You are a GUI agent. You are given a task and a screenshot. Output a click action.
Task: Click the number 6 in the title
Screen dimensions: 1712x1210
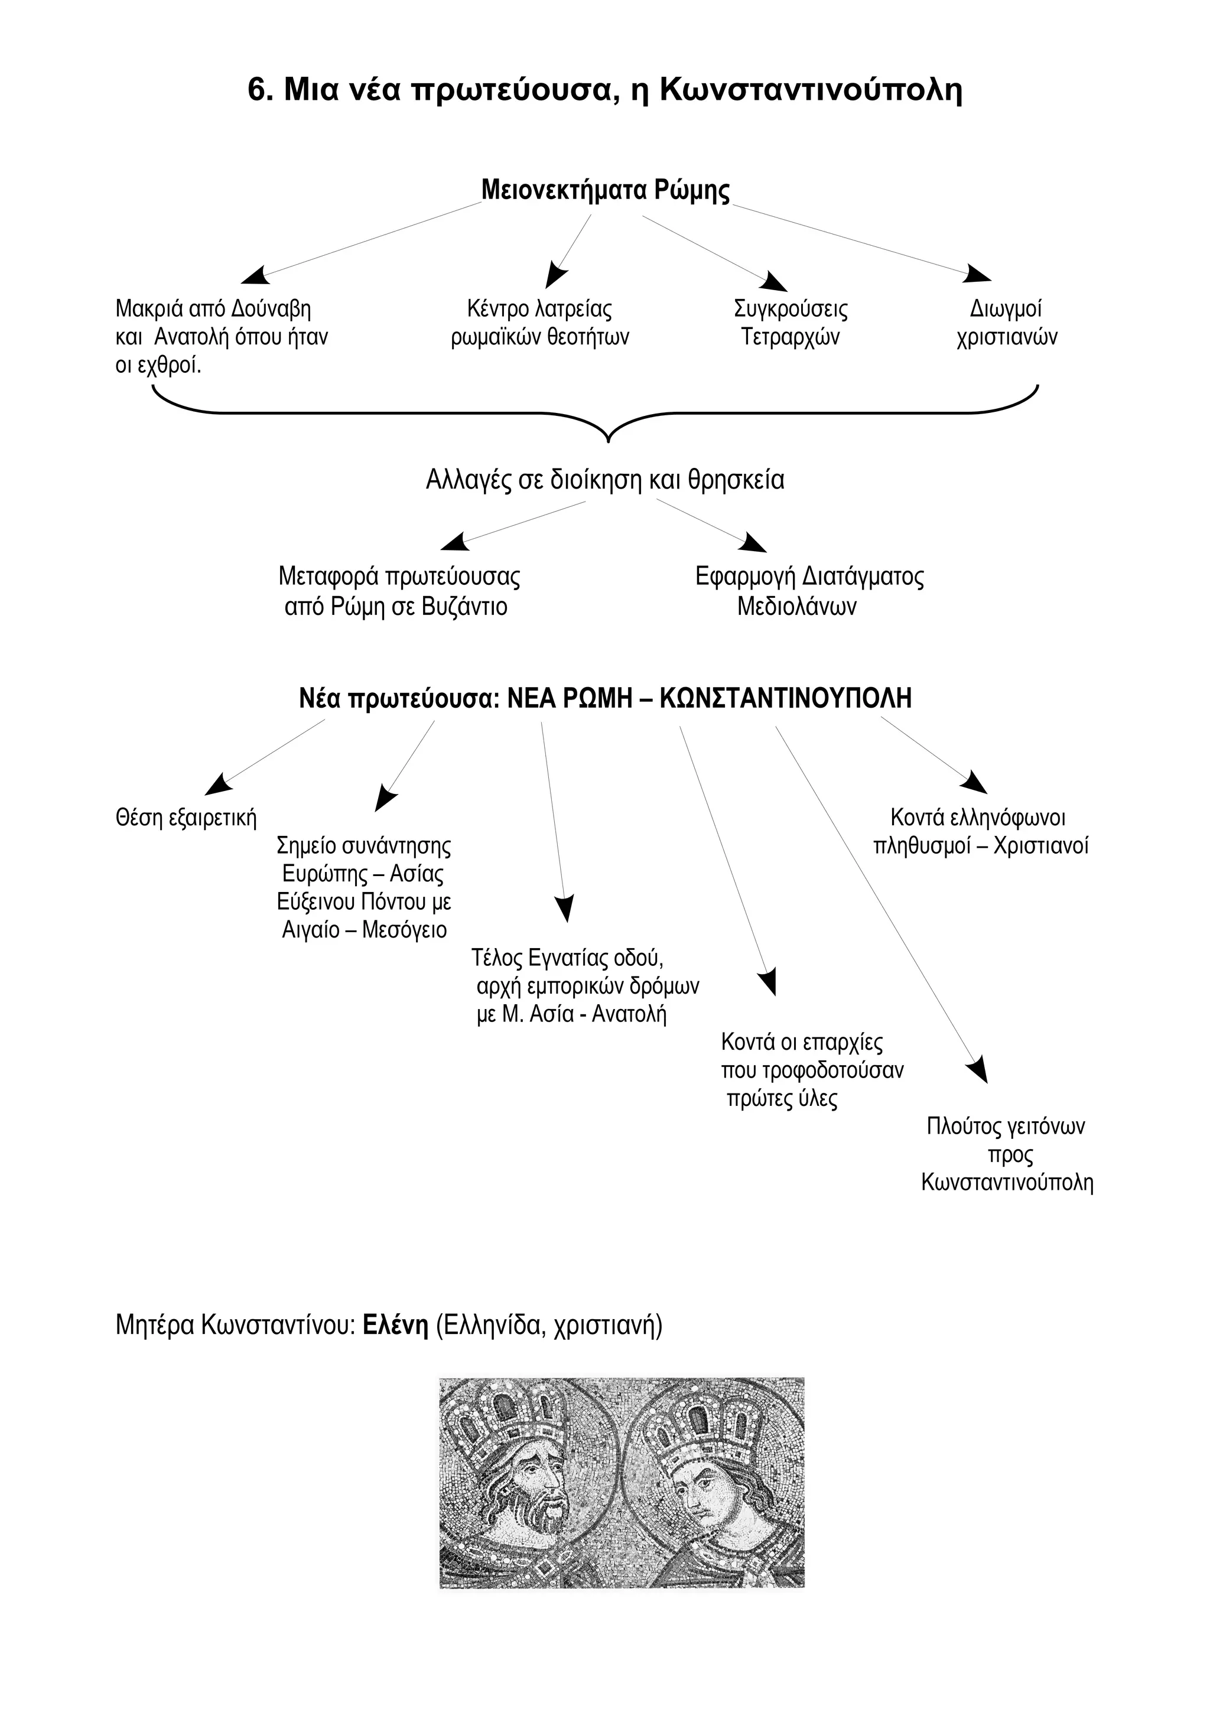pos(256,90)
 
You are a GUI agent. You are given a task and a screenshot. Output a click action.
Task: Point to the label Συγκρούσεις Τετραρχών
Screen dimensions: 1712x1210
pos(791,323)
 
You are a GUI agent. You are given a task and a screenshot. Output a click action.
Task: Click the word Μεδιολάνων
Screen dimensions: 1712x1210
pos(796,606)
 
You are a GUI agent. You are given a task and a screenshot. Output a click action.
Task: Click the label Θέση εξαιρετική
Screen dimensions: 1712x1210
pos(186,818)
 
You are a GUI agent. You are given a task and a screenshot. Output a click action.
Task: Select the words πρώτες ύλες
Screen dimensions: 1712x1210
pos(782,1099)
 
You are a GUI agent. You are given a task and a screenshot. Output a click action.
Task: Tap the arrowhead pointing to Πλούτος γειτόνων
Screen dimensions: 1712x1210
pos(979,1069)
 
